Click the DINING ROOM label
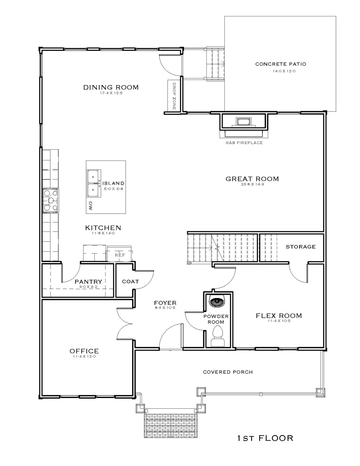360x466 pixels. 111,87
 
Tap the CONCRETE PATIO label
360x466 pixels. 281,64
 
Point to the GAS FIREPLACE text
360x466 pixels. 244,143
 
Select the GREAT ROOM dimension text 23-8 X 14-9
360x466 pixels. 252,184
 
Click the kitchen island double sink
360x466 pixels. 94,183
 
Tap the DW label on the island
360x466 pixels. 91,206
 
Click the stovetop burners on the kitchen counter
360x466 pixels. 50,201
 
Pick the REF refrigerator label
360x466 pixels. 120,255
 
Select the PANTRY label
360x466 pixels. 88,282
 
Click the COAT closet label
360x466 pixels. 130,282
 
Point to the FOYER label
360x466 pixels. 165,303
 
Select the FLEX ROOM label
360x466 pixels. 279,316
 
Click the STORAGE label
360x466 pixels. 300,247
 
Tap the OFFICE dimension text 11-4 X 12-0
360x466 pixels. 84,356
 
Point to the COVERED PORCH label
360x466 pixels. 228,372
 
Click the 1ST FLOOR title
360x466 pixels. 265,438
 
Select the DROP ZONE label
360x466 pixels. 174,96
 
